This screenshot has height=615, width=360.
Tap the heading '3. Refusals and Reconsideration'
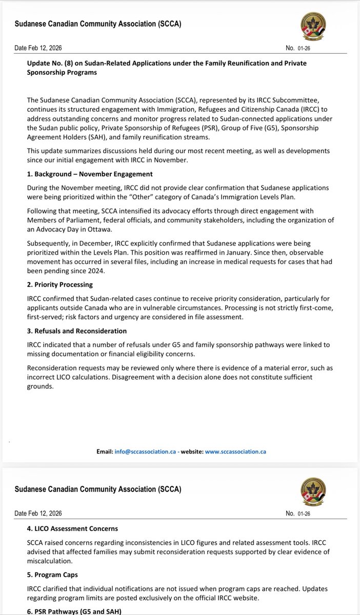76,331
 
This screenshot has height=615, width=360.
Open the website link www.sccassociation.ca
235,452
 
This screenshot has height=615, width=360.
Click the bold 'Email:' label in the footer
105,452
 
